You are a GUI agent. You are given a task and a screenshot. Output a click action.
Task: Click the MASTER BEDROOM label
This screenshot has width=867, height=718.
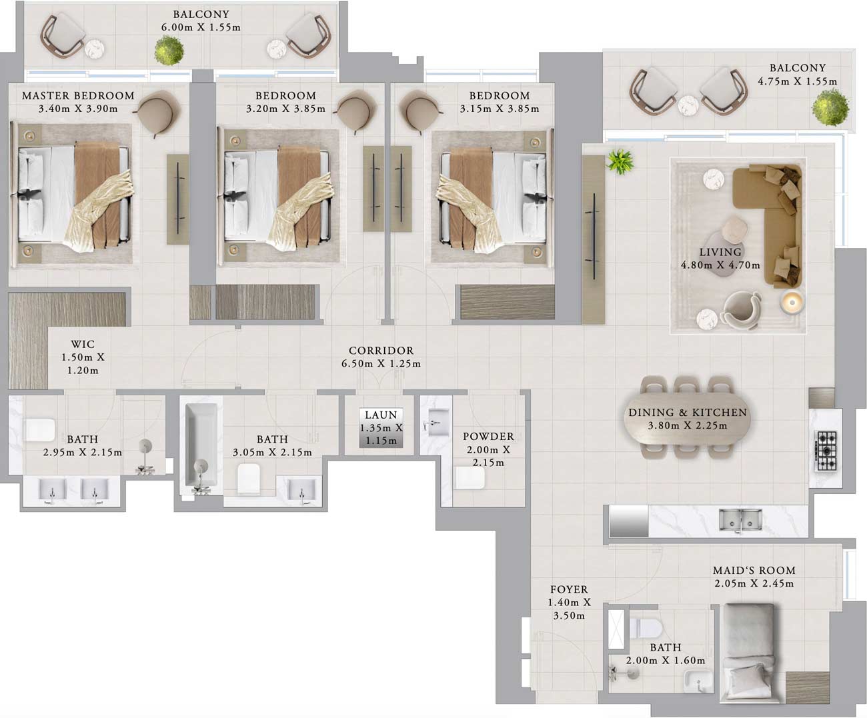pyautogui.click(x=78, y=96)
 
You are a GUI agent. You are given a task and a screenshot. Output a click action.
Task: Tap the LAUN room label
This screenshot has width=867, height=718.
pyautogui.click(x=381, y=415)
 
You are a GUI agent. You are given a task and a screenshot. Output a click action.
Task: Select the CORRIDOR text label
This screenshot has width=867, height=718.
pyautogui.click(x=381, y=351)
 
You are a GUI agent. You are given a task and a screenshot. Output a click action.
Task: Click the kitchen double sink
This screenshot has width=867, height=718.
pyautogui.click(x=741, y=519)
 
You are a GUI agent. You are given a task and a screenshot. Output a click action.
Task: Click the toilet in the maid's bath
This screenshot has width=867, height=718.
pyautogui.click(x=646, y=627)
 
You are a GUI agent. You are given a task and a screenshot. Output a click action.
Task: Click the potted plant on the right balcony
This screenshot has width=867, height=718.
pyautogui.click(x=830, y=107)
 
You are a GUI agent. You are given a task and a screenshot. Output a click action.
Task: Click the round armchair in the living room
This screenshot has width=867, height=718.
pyautogui.click(x=742, y=311)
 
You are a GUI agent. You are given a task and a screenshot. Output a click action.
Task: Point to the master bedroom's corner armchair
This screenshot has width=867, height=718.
pyautogui.click(x=158, y=109)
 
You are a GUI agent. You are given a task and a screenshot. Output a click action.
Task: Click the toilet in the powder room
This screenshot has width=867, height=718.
pyautogui.click(x=470, y=477)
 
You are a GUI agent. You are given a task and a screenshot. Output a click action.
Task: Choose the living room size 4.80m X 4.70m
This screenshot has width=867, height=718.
pyautogui.click(x=720, y=265)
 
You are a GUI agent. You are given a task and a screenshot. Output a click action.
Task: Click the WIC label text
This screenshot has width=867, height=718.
pyautogui.click(x=83, y=345)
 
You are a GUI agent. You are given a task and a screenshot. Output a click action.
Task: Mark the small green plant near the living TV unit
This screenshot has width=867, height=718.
pyautogui.click(x=620, y=161)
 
